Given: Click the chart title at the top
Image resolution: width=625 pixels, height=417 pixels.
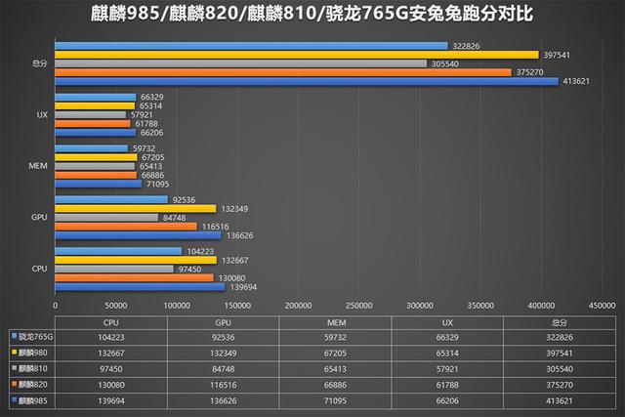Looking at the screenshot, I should click(312, 15).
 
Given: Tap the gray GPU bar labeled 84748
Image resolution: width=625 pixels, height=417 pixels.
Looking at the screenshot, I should click(106, 217).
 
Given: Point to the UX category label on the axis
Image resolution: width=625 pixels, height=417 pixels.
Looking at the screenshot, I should click(42, 115).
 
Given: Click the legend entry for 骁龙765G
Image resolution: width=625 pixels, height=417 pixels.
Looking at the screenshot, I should click(33, 336).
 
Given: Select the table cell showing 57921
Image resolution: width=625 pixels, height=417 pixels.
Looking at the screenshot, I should click(446, 367).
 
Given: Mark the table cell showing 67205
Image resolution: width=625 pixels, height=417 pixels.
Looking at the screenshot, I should click(335, 352).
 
